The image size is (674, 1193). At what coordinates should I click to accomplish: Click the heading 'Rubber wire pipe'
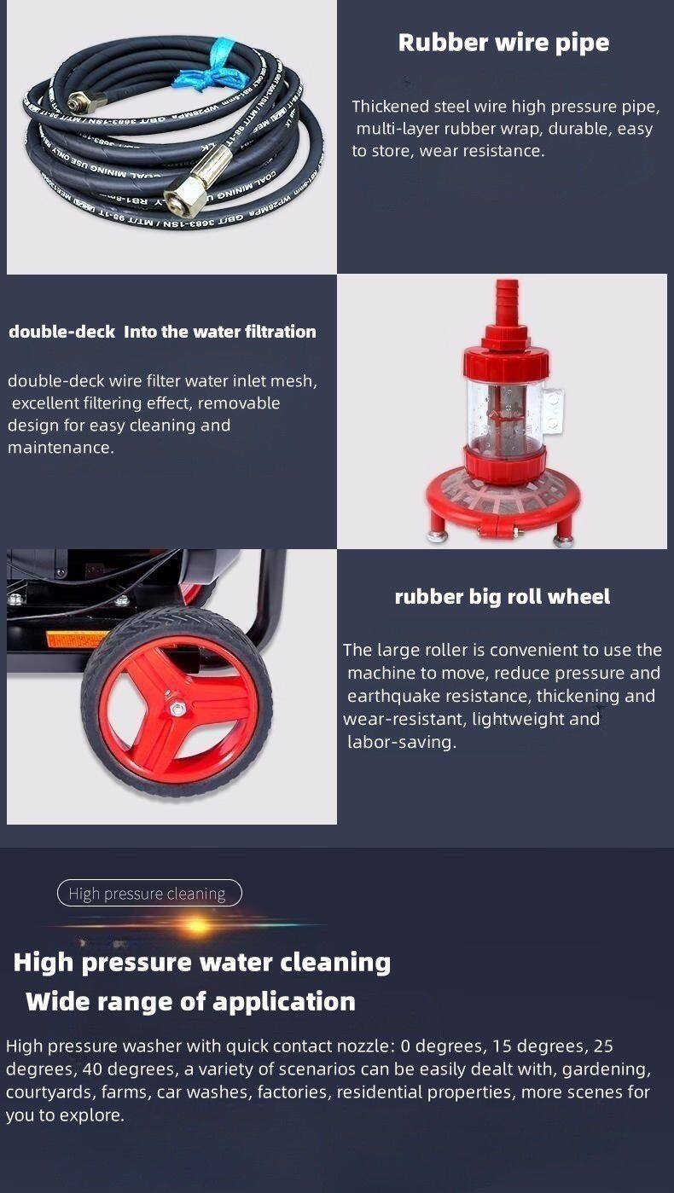pos(503,43)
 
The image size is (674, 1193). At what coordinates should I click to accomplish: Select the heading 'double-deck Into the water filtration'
pos(162,332)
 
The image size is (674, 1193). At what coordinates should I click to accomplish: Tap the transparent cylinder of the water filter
pos(504,411)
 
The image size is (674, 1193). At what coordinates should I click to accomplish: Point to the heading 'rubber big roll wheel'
pos(503,597)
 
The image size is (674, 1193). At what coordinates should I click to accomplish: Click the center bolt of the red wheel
pos(174,709)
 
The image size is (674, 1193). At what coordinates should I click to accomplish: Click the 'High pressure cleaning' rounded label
pos(149,894)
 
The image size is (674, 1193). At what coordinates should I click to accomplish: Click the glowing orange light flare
pos(197,925)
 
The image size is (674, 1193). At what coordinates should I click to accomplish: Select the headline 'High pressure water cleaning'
pos(202,963)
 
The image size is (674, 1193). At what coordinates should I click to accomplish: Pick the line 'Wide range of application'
pos(191,1002)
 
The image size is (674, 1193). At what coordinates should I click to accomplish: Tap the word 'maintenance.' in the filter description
pos(61,448)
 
